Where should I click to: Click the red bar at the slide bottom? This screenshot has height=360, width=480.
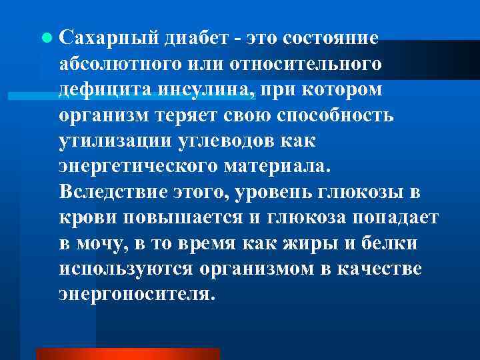click(x=127, y=354)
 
